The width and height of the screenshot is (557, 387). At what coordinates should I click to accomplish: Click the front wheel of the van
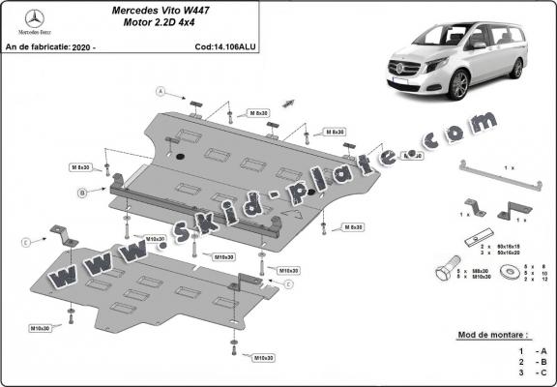coord(458,84)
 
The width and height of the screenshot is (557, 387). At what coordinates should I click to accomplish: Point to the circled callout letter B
coord(83,193)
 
